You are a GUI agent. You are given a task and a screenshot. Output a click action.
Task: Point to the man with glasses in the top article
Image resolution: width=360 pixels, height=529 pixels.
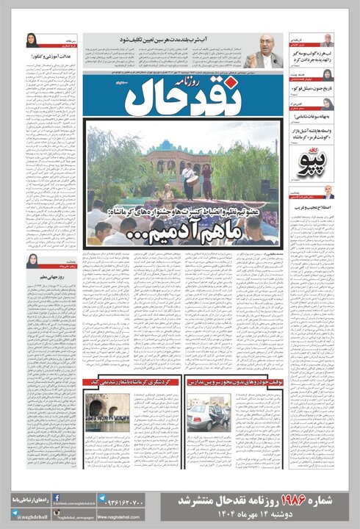262,51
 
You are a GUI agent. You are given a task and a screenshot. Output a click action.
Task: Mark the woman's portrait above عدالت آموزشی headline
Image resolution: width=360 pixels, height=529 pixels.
33,40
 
